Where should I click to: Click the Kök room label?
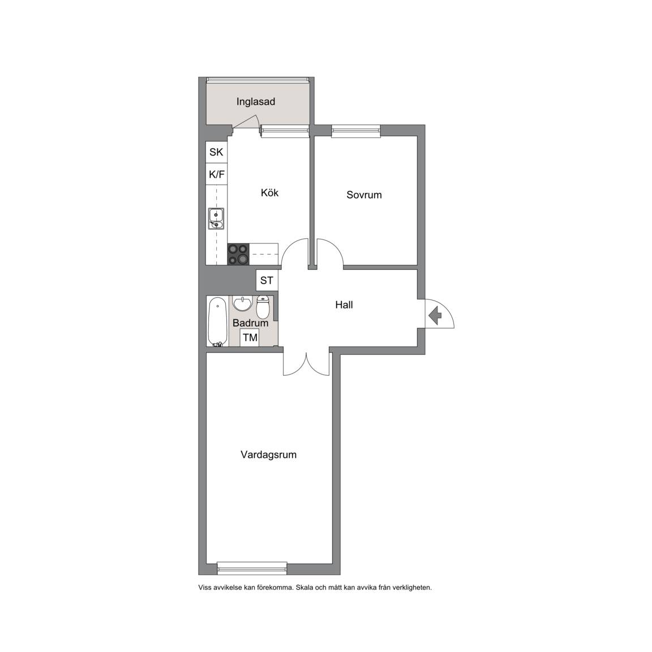(269, 192)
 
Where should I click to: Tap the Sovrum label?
(364, 195)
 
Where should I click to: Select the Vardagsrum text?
(268, 454)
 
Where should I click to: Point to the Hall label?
(344, 305)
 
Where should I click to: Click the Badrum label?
(250, 323)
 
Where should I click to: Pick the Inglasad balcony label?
(256, 101)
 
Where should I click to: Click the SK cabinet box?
(216, 152)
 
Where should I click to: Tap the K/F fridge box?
(216, 174)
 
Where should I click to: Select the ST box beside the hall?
(267, 280)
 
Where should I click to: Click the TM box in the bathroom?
(250, 337)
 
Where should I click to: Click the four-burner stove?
(238, 254)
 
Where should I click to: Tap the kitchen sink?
(216, 218)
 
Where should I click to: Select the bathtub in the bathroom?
(217, 321)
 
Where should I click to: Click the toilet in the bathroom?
(263, 307)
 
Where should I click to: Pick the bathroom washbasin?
(242, 303)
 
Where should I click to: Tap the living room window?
(252, 568)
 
